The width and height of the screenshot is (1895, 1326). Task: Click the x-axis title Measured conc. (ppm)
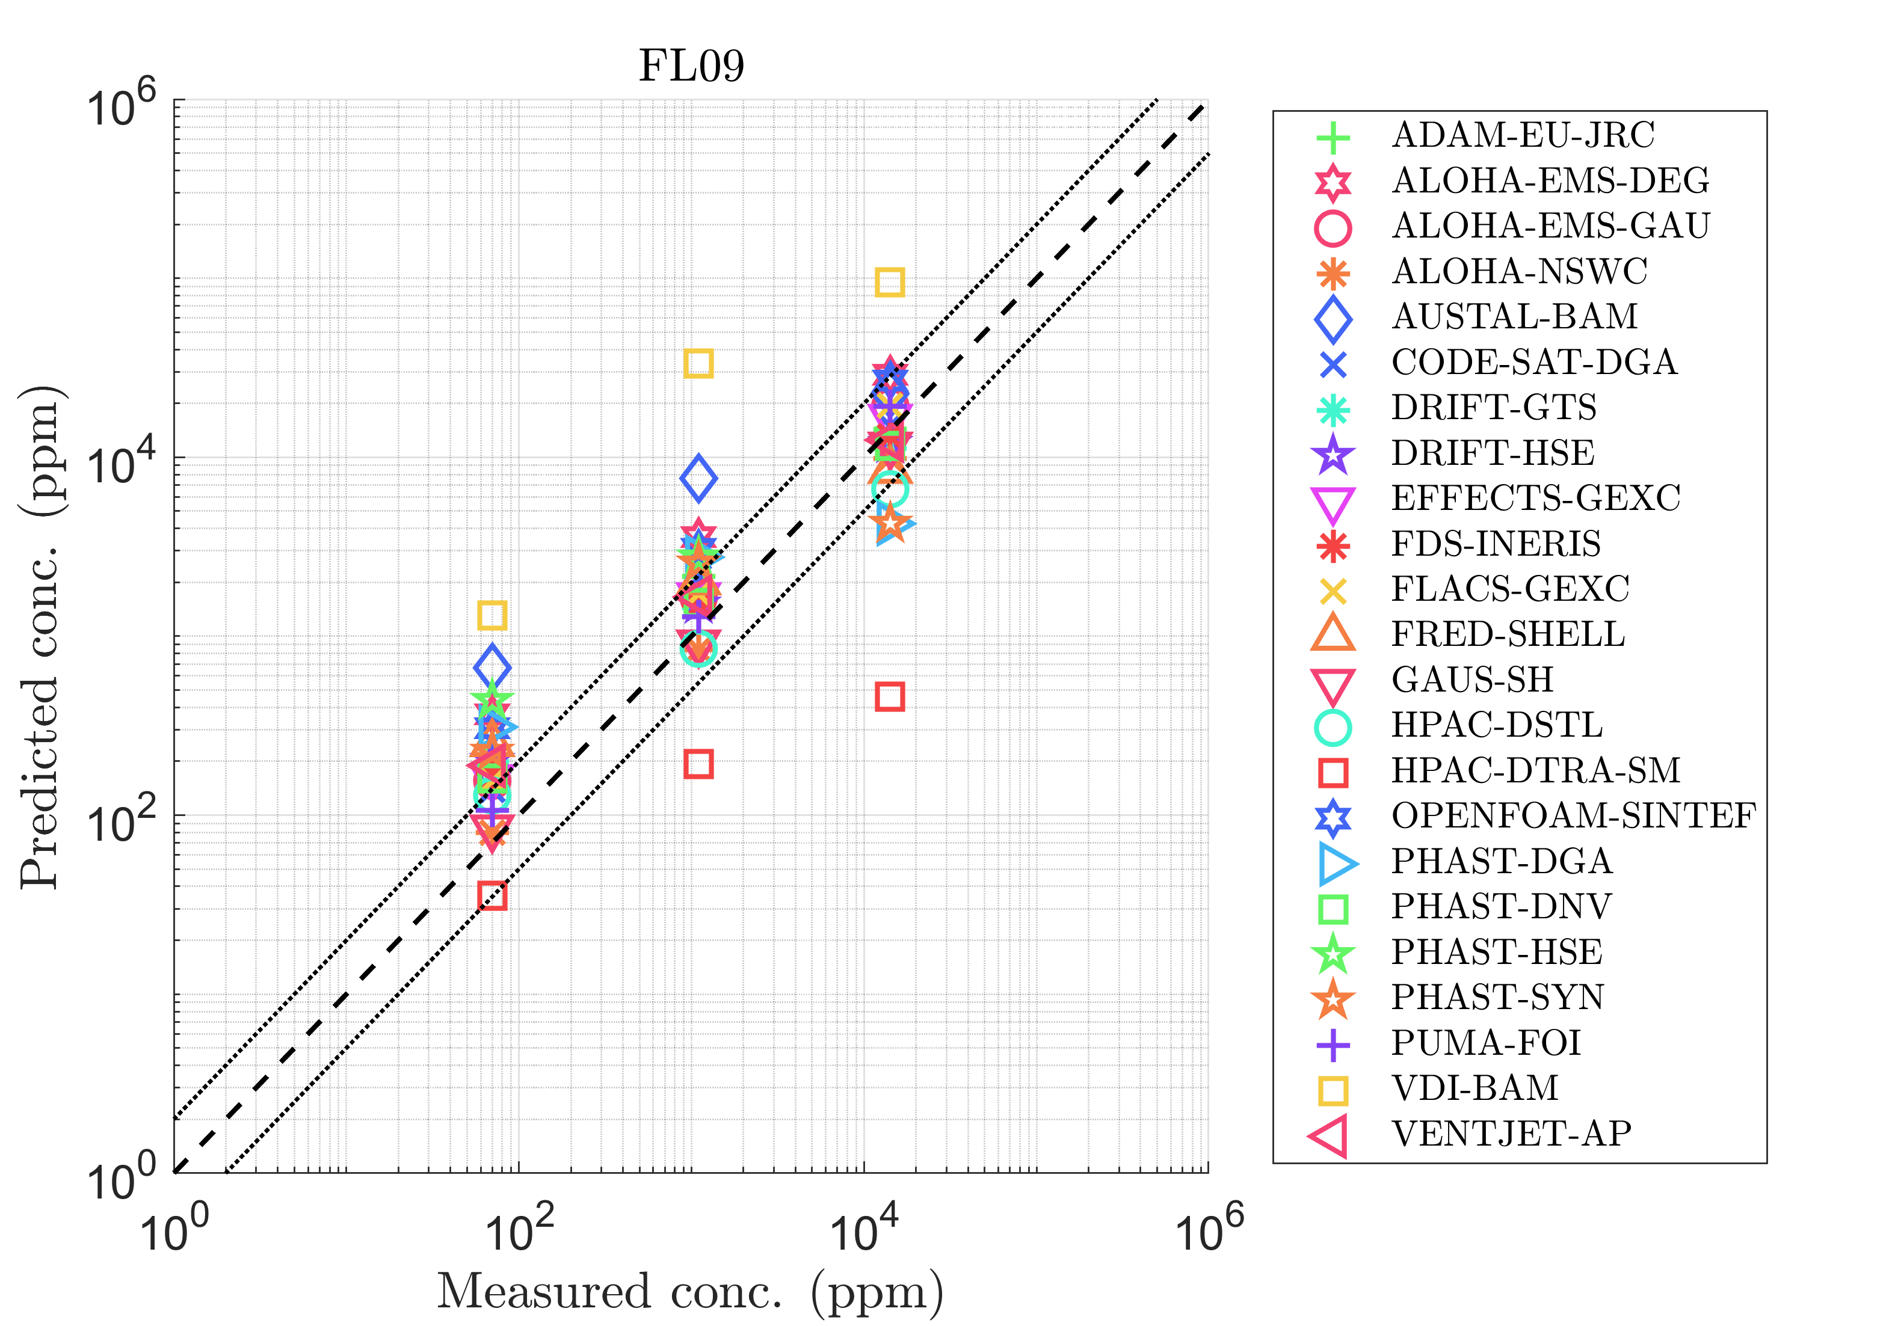click(x=690, y=1291)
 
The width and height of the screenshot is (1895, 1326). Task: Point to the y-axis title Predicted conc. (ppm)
click(x=42, y=637)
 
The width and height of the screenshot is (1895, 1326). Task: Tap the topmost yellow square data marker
click(x=889, y=282)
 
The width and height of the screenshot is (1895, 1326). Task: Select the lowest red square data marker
click(x=492, y=895)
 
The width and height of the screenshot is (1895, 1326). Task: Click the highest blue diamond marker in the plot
click(x=698, y=477)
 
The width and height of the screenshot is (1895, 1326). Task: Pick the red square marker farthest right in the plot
click(x=889, y=696)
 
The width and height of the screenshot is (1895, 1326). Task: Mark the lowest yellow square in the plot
click(x=492, y=615)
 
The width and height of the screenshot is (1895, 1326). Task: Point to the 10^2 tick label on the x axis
click(x=519, y=1229)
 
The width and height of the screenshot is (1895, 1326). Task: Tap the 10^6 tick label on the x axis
click(x=1207, y=1229)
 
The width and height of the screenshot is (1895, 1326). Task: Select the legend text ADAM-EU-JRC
click(x=1523, y=135)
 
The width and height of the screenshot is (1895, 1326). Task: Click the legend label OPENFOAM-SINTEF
click(x=1573, y=816)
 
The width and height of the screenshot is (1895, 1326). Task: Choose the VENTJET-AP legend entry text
click(x=1511, y=1134)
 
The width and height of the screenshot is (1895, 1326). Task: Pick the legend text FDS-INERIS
click(x=1496, y=544)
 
